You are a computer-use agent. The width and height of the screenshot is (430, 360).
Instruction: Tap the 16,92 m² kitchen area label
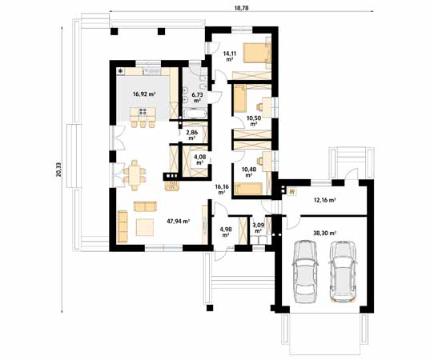[x=143, y=94]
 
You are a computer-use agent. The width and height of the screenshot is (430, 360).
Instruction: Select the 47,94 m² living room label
[x=177, y=221]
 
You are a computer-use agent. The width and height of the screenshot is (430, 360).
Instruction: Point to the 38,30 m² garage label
[x=324, y=233]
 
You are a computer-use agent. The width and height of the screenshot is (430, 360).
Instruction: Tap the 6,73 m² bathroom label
[x=196, y=98]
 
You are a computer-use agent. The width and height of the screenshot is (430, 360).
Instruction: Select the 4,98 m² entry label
[x=225, y=232]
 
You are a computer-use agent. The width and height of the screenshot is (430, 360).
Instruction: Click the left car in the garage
[x=305, y=271]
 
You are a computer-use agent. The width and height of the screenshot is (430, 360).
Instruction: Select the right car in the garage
[x=343, y=271]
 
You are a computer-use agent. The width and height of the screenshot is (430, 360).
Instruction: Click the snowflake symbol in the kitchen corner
[x=121, y=71]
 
